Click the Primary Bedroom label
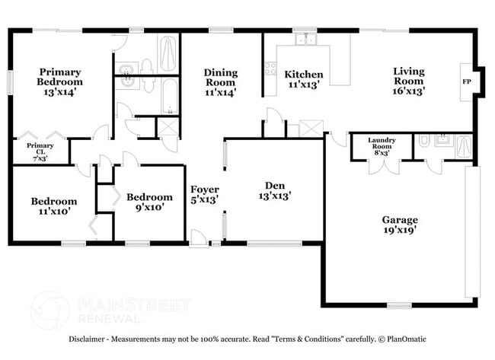tap(60, 77)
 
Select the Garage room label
tap(399, 220)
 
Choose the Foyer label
tap(204, 190)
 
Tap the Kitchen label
tap(304, 75)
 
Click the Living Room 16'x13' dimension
tap(408, 91)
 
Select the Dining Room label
tap(220, 78)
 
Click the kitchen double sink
tap(306, 38)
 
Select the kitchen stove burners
tap(270, 68)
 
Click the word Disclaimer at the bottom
tap(89, 339)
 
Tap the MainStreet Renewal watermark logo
tap(49, 309)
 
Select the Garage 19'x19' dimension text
tap(399, 229)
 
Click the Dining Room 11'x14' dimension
tap(220, 93)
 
